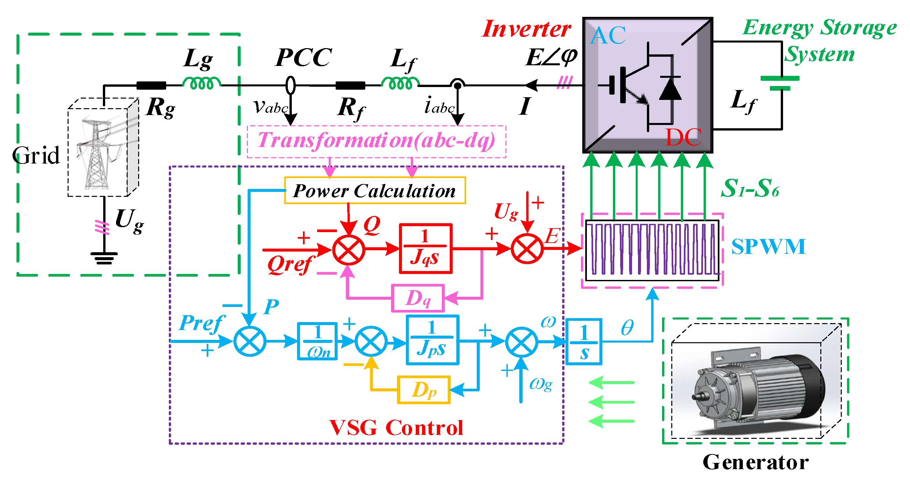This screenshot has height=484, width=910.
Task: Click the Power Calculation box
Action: point(375,191)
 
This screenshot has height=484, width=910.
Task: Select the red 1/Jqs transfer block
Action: point(425,248)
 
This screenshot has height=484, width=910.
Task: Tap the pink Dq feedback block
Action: point(418,298)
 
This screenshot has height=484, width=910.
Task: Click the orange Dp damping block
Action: point(424,390)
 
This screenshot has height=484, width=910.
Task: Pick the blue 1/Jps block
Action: point(432,340)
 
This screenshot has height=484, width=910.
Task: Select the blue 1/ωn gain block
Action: point(317,341)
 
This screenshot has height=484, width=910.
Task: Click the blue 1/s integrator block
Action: point(584,342)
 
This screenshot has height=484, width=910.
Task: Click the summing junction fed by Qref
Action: point(348,250)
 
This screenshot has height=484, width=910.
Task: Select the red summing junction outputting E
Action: point(527,248)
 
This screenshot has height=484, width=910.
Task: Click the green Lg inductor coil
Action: point(202,83)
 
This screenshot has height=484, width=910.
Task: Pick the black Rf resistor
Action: point(350,85)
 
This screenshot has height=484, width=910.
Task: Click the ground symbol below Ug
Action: point(104,258)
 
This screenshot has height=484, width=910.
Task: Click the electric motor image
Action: point(756,385)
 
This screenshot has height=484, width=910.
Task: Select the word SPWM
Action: point(768,246)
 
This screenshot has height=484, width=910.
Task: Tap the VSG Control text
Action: point(396,428)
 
